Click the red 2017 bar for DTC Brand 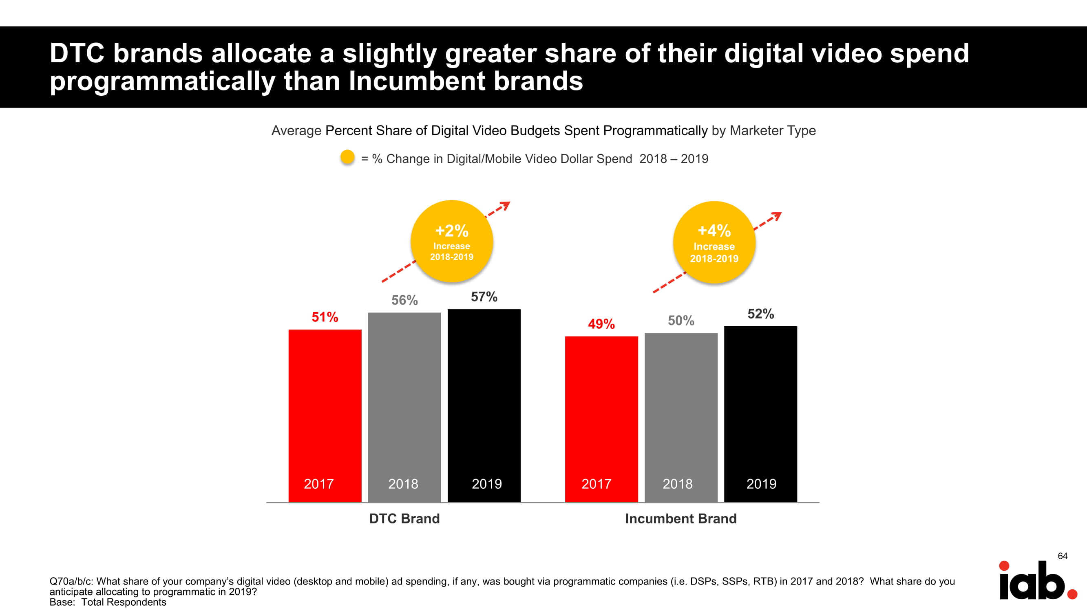[x=325, y=415]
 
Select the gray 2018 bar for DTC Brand [x=404, y=407]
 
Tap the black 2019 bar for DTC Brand [x=484, y=405]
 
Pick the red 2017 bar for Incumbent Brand [x=601, y=419]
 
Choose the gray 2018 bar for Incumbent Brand [x=680, y=417]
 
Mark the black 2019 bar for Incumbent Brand [x=760, y=414]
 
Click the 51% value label [x=325, y=316]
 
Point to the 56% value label [x=404, y=300]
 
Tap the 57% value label [x=484, y=297]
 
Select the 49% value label [x=601, y=324]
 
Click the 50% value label [x=680, y=321]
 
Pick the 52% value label [x=760, y=314]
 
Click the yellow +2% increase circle [x=451, y=241]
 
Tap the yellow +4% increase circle [x=714, y=242]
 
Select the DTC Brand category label [x=404, y=518]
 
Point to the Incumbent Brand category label [x=680, y=518]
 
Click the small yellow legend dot [x=347, y=157]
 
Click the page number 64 [x=1062, y=556]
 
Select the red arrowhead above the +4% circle [x=777, y=216]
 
